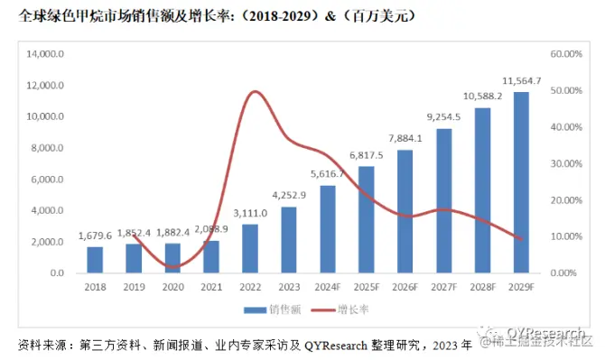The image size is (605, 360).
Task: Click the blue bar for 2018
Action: [x=95, y=260]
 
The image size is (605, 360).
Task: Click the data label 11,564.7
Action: [x=521, y=80]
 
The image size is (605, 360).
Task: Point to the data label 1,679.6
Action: [x=95, y=236]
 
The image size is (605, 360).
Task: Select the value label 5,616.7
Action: [x=327, y=174]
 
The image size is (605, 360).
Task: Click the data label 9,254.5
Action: [x=443, y=116]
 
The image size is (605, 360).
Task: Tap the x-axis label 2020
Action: [x=172, y=288]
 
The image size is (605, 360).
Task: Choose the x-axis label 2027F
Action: [x=443, y=288]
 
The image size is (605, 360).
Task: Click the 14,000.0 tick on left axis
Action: [x=45, y=54]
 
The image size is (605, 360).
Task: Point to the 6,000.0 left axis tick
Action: [x=47, y=180]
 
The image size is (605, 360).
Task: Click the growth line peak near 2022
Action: [x=254, y=91]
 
